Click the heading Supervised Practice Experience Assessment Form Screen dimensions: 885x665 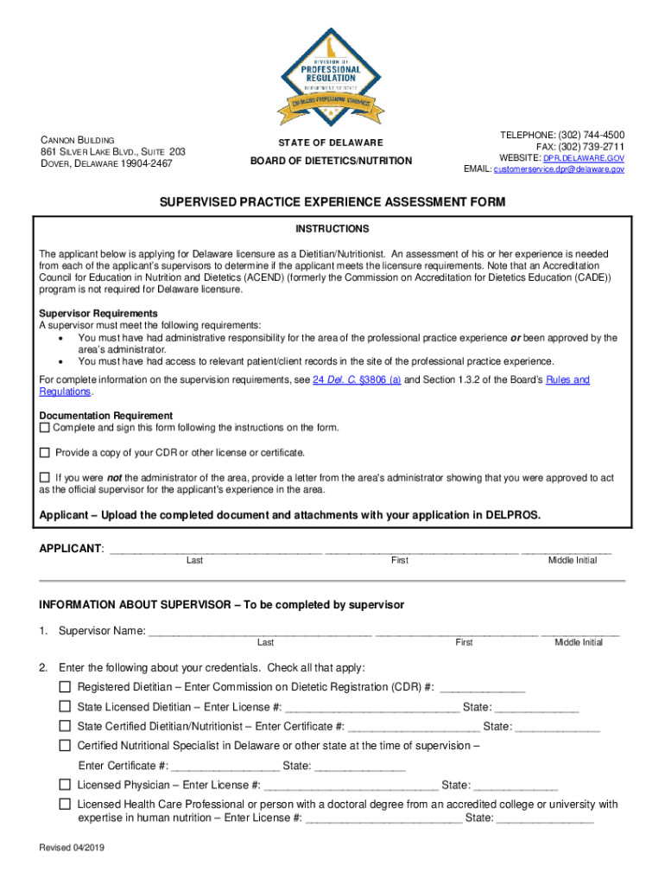click(x=332, y=202)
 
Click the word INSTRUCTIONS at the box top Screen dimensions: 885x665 click(x=332, y=229)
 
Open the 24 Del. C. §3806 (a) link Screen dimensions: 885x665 click(x=356, y=380)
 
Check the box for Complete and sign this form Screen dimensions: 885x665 click(x=45, y=428)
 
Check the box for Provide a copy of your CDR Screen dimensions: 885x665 click(x=45, y=452)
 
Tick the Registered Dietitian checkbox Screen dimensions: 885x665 click(x=65, y=687)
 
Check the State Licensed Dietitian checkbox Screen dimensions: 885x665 click(x=65, y=707)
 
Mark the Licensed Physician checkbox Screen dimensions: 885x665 click(x=65, y=785)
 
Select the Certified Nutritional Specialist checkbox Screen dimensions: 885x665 click(x=65, y=745)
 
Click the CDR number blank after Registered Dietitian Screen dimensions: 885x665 click(x=482, y=689)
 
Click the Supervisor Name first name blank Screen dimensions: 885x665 click(x=457, y=632)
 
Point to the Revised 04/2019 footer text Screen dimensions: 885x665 click(x=72, y=848)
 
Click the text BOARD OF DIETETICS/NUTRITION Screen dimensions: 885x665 click(x=332, y=161)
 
